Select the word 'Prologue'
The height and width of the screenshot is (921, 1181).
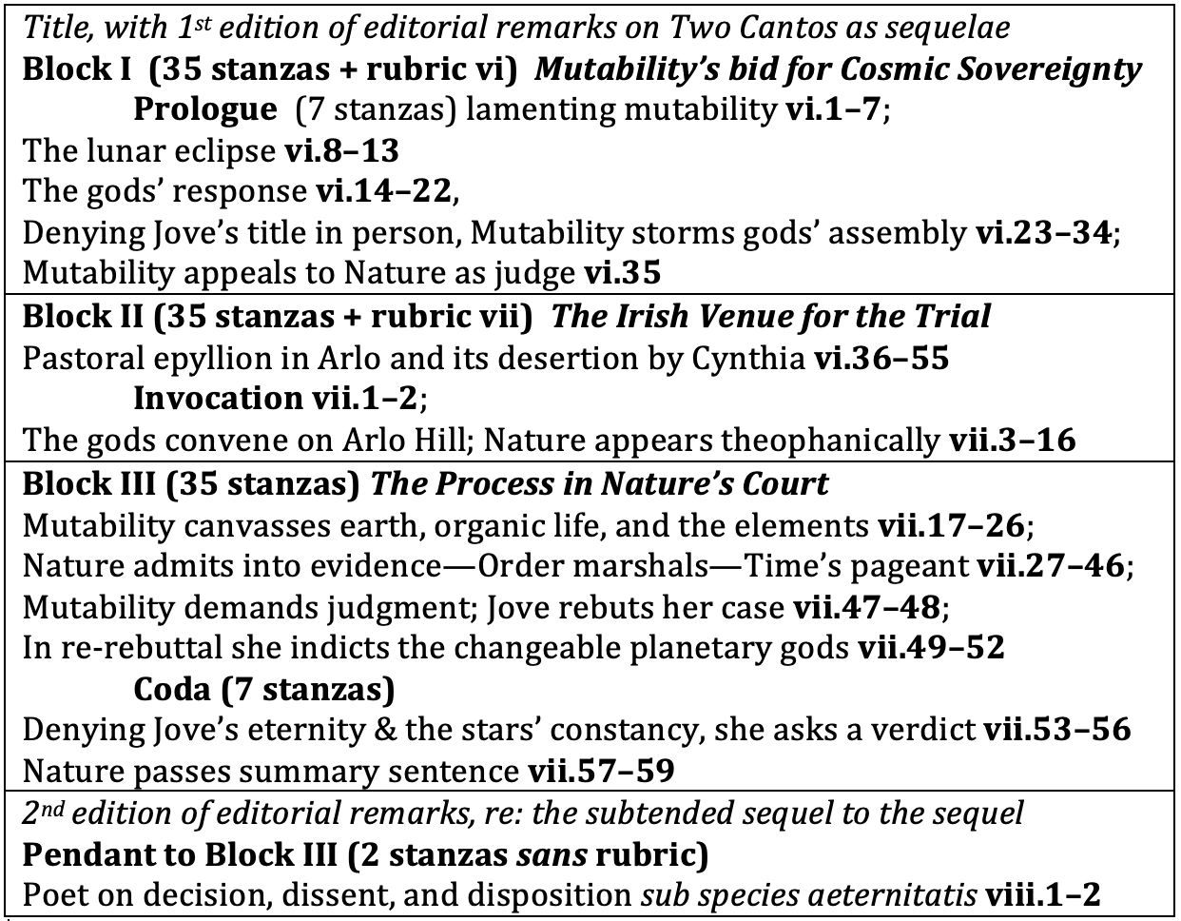203,109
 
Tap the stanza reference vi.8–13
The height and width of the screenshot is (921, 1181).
341,150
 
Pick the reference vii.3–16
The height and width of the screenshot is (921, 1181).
1014,440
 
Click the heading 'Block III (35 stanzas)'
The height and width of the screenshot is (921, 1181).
190,483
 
